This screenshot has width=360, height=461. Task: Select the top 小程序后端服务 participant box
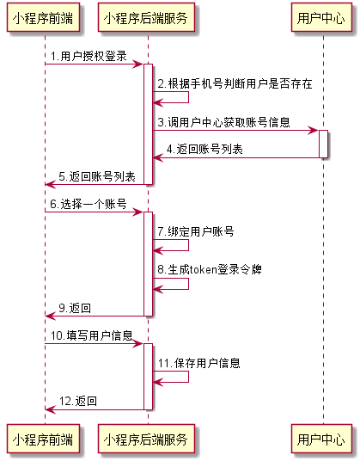(147, 17)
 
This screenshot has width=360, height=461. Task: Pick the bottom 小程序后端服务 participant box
(147, 439)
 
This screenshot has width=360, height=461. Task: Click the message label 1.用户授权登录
(88, 57)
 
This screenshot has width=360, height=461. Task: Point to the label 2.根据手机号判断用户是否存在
(234, 84)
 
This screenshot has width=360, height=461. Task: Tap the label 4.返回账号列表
(204, 149)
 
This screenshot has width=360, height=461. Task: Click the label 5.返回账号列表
(97, 176)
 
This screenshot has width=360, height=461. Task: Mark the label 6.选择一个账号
(88, 205)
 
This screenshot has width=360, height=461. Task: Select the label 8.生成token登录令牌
(209, 269)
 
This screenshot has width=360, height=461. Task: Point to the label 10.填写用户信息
(92, 335)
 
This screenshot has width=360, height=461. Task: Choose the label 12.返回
(77, 401)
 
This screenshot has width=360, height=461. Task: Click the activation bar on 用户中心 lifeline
(323, 144)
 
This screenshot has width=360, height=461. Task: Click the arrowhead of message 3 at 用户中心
(314, 131)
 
